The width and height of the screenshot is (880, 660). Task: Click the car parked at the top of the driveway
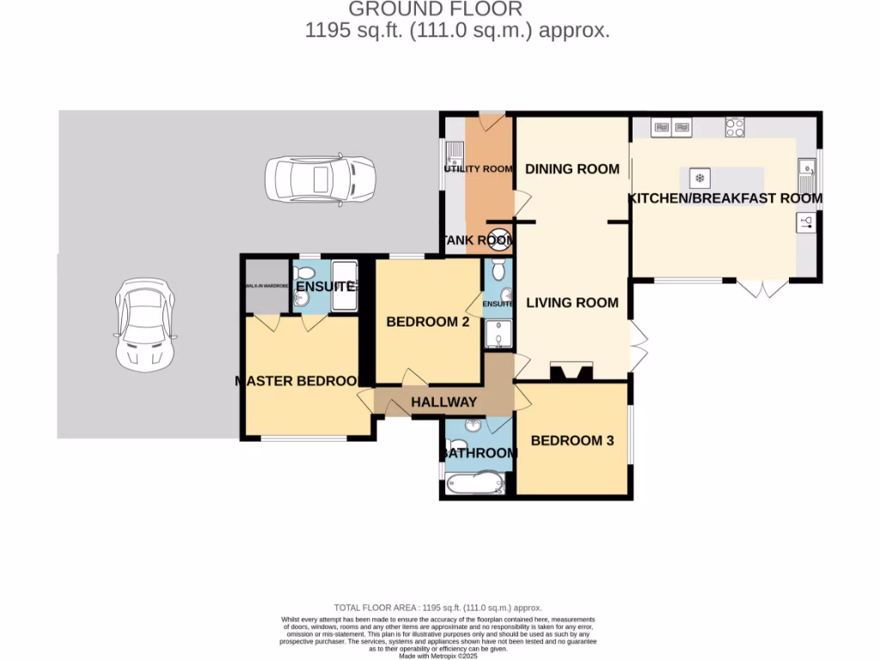coord(320,180)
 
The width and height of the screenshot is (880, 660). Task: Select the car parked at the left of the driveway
coord(144,324)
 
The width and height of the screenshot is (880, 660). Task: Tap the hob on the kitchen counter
coord(735,128)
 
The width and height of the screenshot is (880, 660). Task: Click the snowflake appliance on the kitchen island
coord(700,179)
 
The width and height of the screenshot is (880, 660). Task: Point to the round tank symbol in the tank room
coord(502,240)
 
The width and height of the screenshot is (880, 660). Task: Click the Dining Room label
coord(572,168)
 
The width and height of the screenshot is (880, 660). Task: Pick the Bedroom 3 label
coord(572,441)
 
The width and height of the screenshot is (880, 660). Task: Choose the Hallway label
coord(443,402)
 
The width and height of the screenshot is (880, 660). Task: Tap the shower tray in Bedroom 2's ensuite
coord(498,335)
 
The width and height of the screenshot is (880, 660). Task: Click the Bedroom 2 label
coord(427,322)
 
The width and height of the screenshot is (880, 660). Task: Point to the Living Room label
coord(572,302)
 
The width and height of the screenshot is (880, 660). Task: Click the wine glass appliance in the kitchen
coord(806,223)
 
